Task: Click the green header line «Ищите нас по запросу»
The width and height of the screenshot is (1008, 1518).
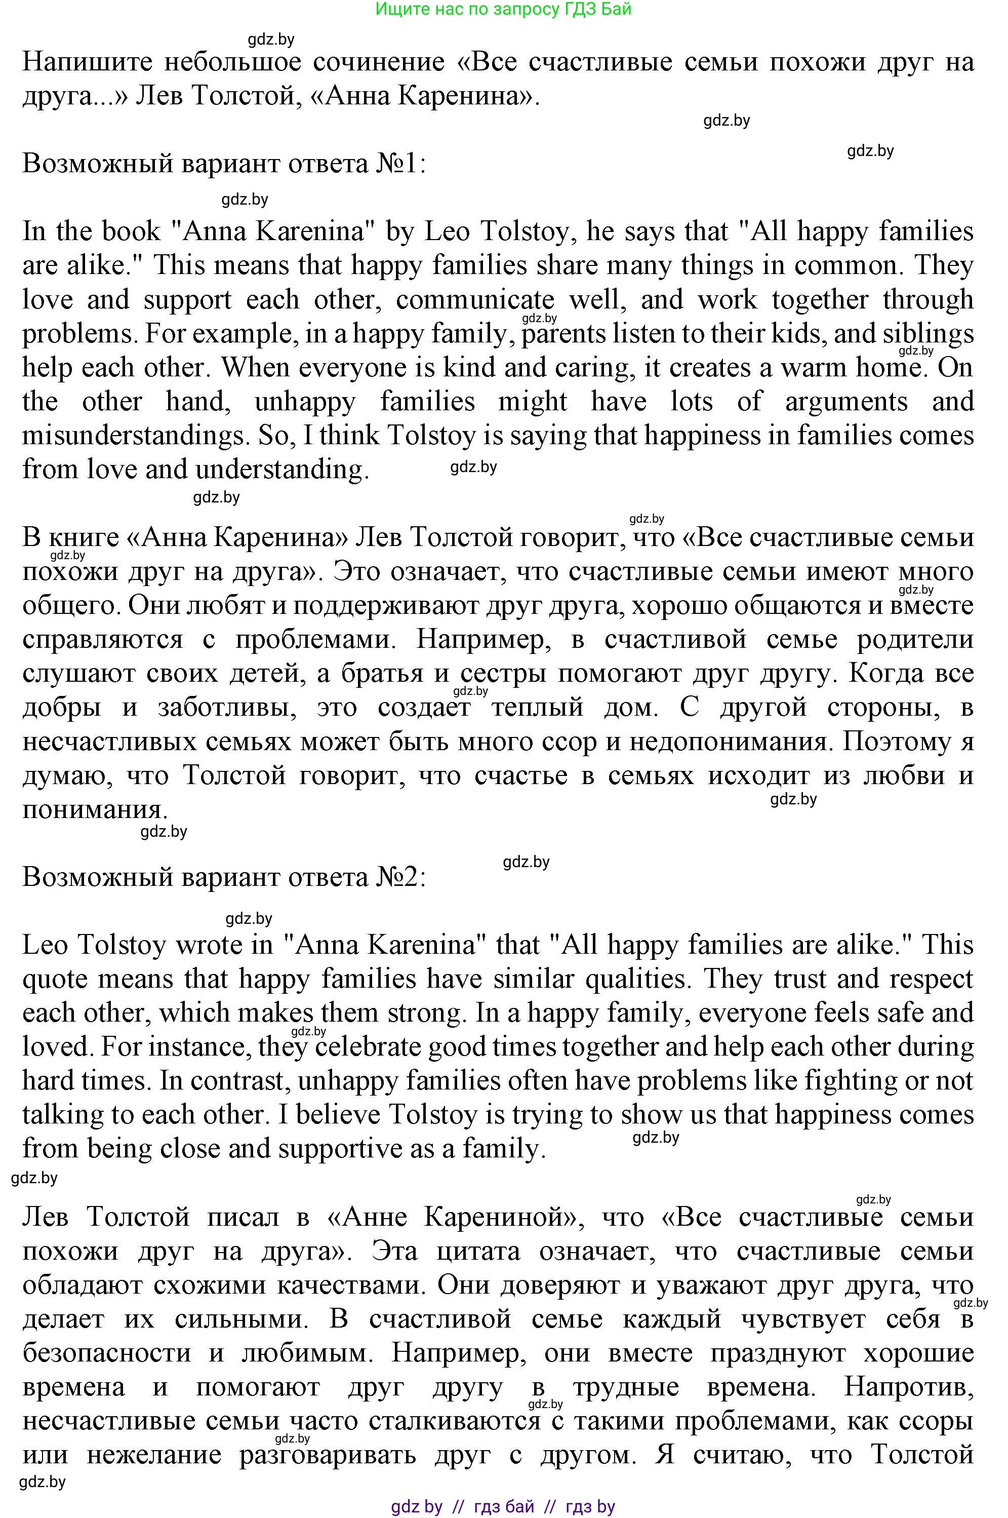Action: coord(503,9)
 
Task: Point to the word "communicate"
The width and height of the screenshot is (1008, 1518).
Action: coord(474,300)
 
